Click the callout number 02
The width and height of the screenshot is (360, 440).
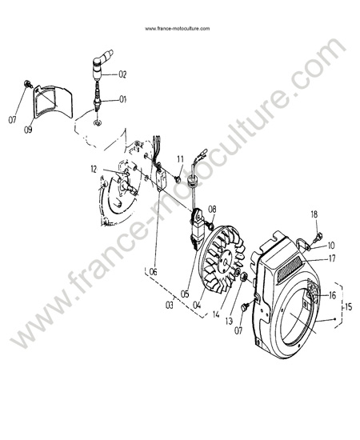[x=122, y=74]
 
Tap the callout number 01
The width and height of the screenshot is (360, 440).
[x=122, y=99]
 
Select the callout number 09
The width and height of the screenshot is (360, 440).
[x=28, y=130]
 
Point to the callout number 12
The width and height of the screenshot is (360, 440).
[x=94, y=170]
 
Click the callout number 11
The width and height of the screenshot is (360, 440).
[x=180, y=159]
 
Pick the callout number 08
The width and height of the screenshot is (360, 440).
[x=213, y=209]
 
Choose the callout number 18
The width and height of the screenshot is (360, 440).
[x=314, y=214]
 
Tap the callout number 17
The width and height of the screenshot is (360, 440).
[x=332, y=258]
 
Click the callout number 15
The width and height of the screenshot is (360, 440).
[x=348, y=307]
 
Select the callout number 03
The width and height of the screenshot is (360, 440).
[x=170, y=305]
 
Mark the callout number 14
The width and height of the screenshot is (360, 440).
[x=216, y=314]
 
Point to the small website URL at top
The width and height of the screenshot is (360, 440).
[x=177, y=28]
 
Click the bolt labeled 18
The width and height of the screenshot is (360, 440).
[x=318, y=236]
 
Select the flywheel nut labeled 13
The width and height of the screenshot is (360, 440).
[x=244, y=276]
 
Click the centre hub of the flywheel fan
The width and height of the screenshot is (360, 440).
[x=225, y=262]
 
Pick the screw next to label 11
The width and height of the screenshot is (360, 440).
[x=177, y=178]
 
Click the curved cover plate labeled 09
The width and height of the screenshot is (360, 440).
[x=53, y=102]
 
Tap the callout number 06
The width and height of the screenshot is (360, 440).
[x=154, y=272]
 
